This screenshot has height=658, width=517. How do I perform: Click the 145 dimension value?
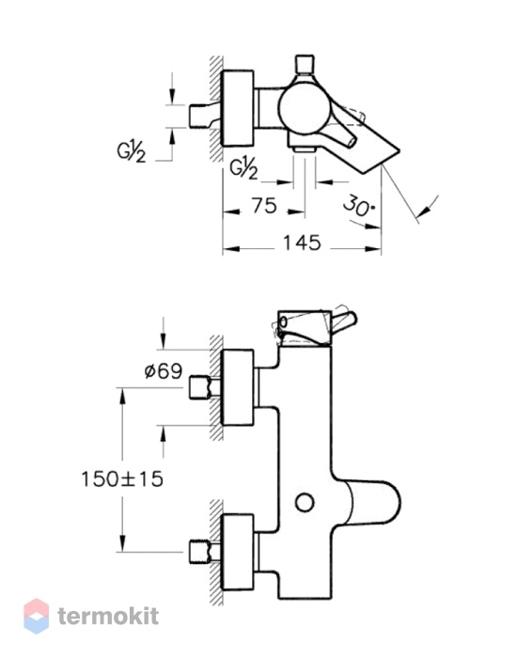pos(302,243)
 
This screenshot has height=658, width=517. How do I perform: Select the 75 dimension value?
pos(264,206)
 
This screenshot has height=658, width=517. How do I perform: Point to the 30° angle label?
pos(359,206)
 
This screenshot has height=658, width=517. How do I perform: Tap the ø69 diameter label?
pos(164,371)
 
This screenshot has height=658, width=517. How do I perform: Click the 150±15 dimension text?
pos(121,478)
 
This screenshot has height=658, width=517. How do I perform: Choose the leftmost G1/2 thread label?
pos(132,151)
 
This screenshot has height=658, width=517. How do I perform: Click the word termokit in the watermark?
pos(108,617)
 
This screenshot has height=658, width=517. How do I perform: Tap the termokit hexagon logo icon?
pos(36,616)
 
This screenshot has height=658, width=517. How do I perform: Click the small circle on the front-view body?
pos(305,503)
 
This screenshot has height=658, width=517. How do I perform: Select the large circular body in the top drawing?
pos(304,105)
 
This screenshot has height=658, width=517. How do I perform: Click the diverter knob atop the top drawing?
pos(305,64)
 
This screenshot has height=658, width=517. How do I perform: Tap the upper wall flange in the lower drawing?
pos(238,387)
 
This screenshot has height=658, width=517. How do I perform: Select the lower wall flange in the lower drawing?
pos(238,552)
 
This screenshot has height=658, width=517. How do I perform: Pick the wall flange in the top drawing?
pos(238,108)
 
